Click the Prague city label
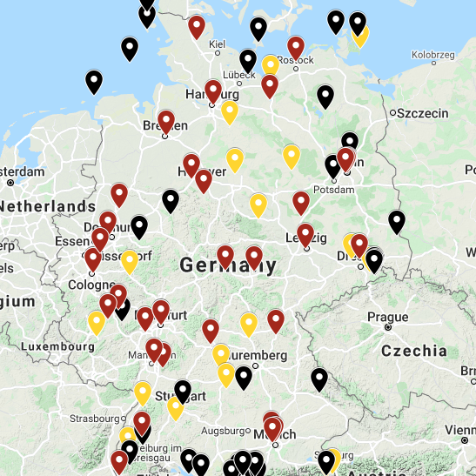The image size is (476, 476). pos(388,317)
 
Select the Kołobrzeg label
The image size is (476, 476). pos(433,54)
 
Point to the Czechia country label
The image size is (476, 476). pos(413,351)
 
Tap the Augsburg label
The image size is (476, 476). pos(224,430)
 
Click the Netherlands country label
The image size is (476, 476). pos(48,206)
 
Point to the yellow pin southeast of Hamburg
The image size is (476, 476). pos(230,111)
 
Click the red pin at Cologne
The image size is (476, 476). pos(92,258)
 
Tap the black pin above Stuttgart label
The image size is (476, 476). pos(182,391)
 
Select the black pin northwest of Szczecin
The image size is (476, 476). pos(325,96)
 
